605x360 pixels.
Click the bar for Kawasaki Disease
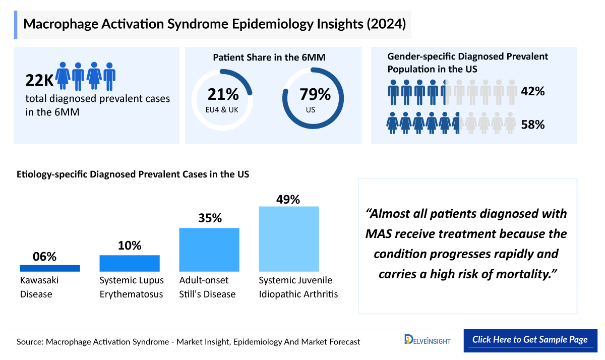[x=50, y=268]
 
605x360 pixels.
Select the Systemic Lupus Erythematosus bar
[x=130, y=263]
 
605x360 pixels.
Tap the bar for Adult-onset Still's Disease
[x=209, y=250]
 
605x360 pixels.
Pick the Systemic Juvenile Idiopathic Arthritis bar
[x=289, y=239]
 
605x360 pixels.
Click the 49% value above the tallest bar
[x=288, y=199]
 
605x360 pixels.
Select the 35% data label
[x=209, y=218]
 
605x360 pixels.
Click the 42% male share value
[x=532, y=92]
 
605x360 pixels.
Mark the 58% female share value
[x=532, y=125]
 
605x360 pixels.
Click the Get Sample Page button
[x=530, y=340]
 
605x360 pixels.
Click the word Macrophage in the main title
[x=60, y=24]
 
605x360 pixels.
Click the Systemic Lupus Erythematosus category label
[x=131, y=287]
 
